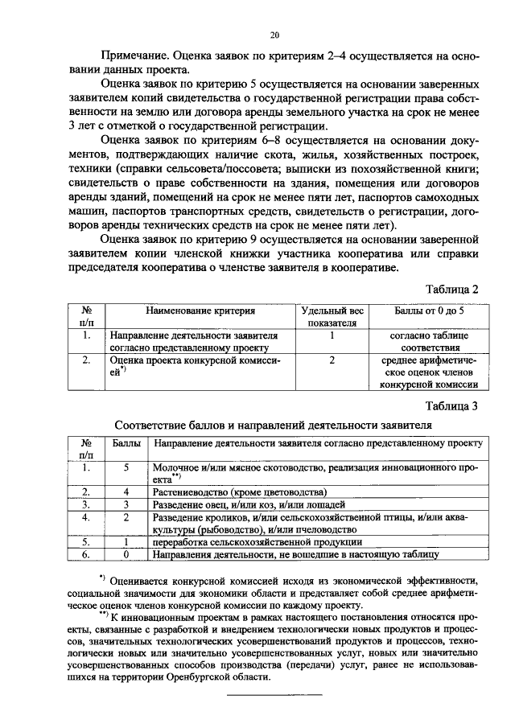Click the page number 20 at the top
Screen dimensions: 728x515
pos(274,35)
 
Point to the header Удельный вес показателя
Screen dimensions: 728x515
pos(332,316)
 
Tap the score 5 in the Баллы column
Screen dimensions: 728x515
pos(126,467)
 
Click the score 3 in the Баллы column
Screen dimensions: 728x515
pos(126,504)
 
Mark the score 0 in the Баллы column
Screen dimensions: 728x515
pos(126,554)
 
